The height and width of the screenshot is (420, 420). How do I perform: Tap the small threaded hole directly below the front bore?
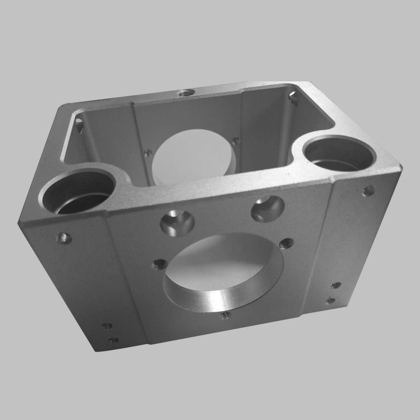point(225,316)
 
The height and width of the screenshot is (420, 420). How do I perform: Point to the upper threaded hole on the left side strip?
point(64,238)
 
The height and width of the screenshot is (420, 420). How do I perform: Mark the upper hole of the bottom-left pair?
point(107,326)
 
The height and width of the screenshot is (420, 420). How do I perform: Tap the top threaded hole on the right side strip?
point(369,191)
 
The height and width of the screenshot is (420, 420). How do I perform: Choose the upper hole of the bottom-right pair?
point(335,286)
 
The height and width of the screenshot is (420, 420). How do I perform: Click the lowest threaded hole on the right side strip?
point(330,301)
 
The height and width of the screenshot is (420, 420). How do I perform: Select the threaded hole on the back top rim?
point(184,93)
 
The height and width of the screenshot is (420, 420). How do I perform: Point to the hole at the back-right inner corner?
point(293,98)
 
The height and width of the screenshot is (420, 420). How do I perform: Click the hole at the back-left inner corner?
point(79,124)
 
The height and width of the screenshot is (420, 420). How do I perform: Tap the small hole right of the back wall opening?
point(236,141)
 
